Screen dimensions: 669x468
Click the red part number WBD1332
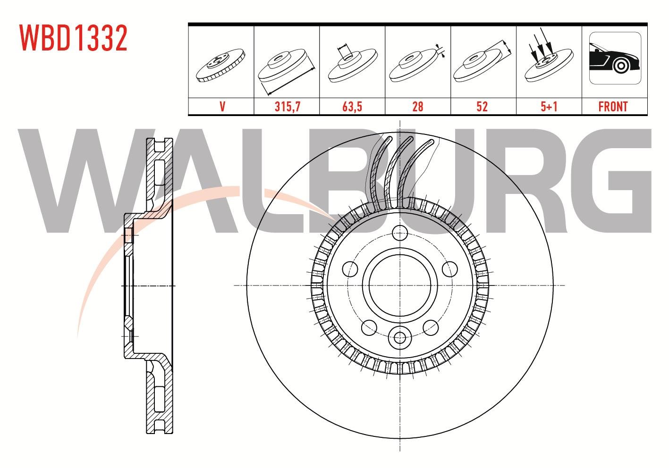click(74, 38)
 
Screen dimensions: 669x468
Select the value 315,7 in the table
click(288, 107)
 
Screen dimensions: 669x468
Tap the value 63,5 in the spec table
click(352, 107)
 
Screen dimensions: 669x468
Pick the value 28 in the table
click(417, 107)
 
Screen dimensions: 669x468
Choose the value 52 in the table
click(482, 107)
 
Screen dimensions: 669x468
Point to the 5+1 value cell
click(549, 107)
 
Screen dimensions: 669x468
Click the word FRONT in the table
click(613, 107)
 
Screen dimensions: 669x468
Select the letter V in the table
click(222, 107)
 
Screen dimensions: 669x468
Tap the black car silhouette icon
click(615, 58)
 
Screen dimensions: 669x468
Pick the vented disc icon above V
click(220, 65)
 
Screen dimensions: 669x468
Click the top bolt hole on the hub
click(399, 233)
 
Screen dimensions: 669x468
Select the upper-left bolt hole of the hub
click(350, 269)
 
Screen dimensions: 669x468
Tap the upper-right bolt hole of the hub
click(449, 269)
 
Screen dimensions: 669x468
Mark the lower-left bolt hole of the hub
click(369, 327)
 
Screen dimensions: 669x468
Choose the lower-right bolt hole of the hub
click(431, 327)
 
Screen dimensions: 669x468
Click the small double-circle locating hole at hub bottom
click(399, 338)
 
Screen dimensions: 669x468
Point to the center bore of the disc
click(399, 285)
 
